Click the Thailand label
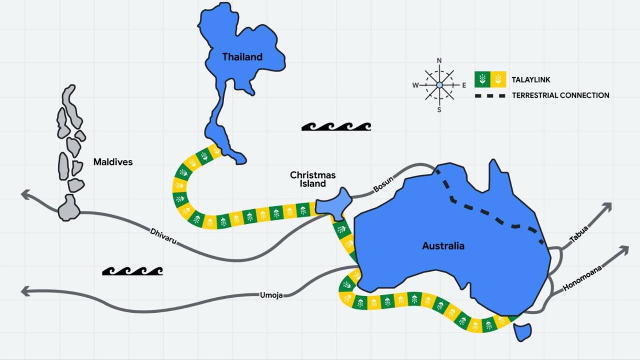pyautogui.click(x=242, y=57)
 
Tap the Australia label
pyautogui.click(x=443, y=245)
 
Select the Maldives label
pyautogui.click(x=113, y=162)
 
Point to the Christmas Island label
pyautogui.click(x=313, y=179)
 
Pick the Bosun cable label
pyautogui.click(x=383, y=185)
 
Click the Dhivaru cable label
pyautogui.click(x=163, y=236)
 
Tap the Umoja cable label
pyautogui.click(x=271, y=294)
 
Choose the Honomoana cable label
pyautogui.click(x=582, y=278)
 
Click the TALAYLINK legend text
pyautogui.click(x=531, y=79)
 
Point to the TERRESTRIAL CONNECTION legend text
pyautogui.click(x=560, y=95)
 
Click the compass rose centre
pyautogui.click(x=439, y=85)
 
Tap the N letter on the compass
pyautogui.click(x=439, y=61)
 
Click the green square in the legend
pyautogui.click(x=482, y=79)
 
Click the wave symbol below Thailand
pyautogui.click(x=336, y=126)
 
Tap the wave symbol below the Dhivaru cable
pyautogui.click(x=132, y=271)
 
